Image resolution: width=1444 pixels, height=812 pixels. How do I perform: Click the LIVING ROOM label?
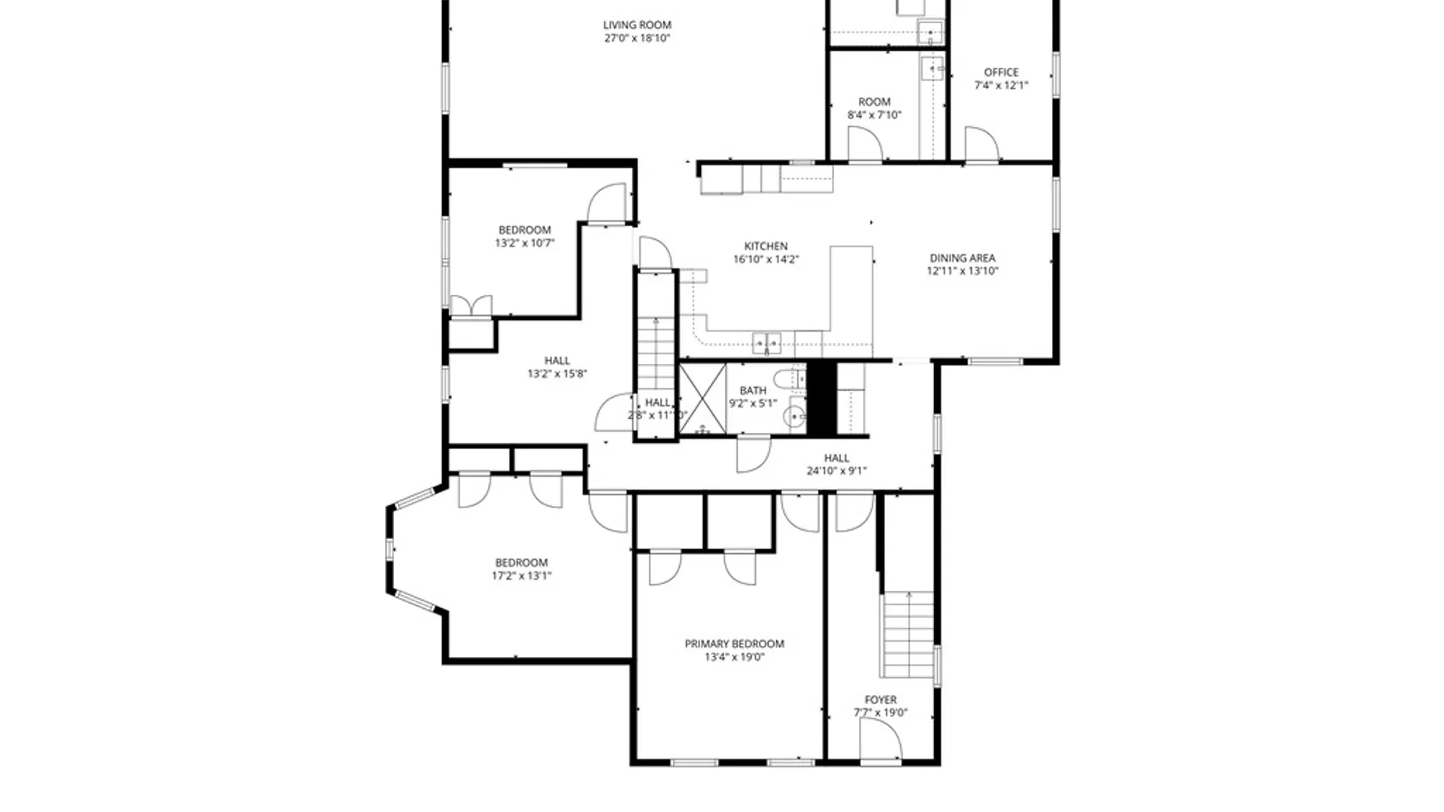click(636, 25)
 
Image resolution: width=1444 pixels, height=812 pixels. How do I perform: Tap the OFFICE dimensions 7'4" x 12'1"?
click(1000, 85)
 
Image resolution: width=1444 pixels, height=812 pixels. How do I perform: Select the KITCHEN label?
click(766, 246)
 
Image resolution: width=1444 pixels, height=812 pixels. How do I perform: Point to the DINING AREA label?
click(962, 258)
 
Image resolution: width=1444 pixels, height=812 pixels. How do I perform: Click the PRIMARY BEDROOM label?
click(734, 644)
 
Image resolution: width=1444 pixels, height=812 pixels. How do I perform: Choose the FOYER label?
click(880, 699)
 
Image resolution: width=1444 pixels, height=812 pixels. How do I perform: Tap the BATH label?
click(753, 390)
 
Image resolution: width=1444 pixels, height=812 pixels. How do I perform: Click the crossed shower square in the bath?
click(702, 399)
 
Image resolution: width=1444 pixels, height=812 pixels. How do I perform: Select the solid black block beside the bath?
click(821, 398)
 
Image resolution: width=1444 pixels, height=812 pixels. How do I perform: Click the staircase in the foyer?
click(908, 635)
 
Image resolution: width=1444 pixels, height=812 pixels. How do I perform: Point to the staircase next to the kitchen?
click(656, 353)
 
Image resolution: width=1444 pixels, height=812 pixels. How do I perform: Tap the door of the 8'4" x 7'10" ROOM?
click(864, 144)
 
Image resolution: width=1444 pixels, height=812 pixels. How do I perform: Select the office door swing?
click(981, 144)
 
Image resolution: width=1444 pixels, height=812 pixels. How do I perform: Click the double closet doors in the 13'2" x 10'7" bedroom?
click(471, 306)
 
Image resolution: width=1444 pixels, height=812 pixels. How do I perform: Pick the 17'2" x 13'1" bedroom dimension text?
click(521, 576)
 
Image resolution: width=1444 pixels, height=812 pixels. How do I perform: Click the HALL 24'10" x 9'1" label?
click(836, 464)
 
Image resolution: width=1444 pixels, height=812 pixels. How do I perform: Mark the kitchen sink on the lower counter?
click(766, 344)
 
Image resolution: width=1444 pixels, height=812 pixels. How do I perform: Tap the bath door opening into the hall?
click(753, 455)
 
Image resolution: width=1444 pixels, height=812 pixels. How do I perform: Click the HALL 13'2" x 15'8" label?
click(557, 367)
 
